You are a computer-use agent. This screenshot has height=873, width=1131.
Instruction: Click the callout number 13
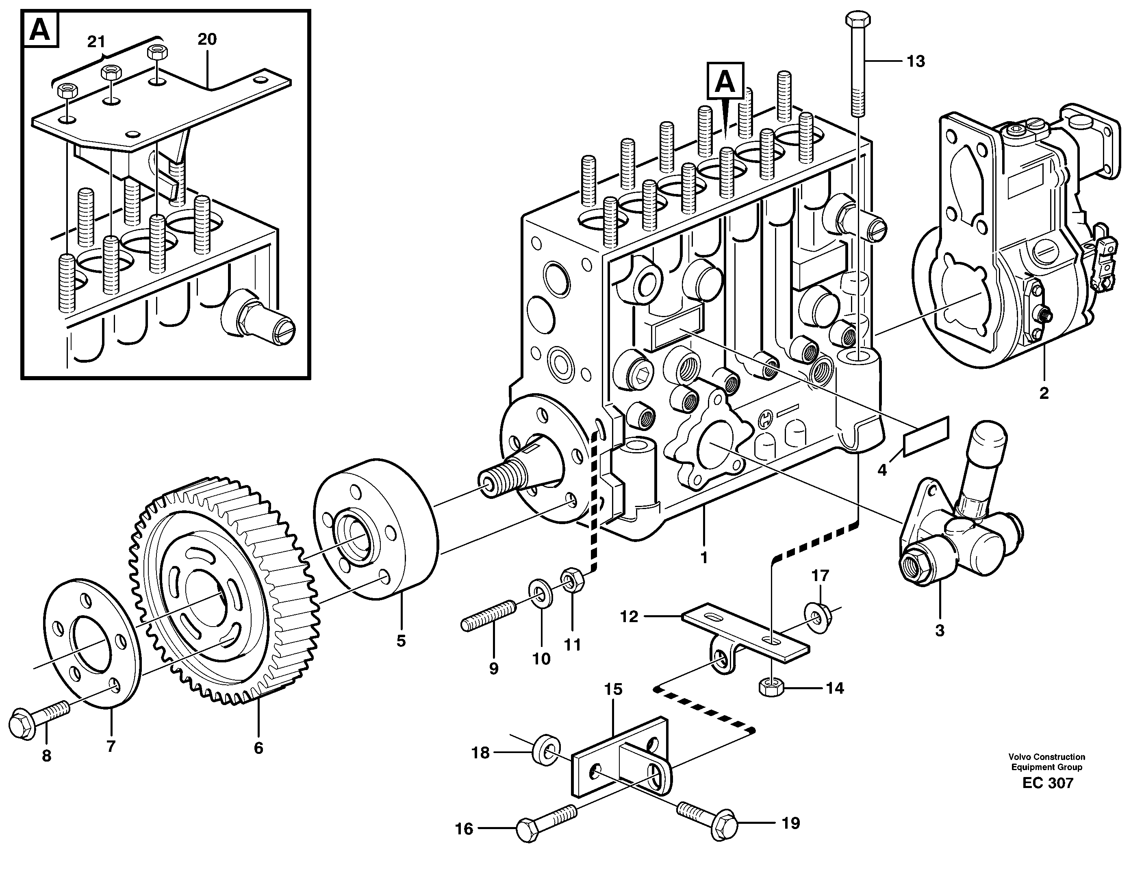(916, 62)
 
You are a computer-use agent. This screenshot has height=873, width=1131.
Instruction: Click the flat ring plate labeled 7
(93, 643)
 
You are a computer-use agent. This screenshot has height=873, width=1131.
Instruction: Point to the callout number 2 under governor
(1044, 393)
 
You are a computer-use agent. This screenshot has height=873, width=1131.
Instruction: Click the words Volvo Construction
(1046, 757)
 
